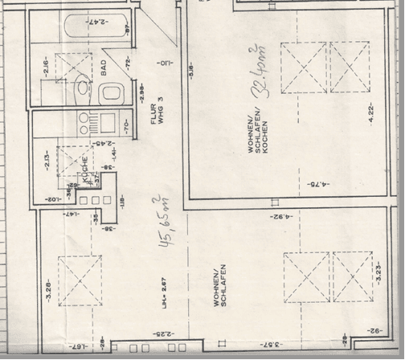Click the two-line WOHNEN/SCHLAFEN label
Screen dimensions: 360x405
220,285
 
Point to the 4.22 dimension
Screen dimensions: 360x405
371,112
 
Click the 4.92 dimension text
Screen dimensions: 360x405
280,215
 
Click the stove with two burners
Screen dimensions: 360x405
84,122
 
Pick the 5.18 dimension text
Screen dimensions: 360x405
191,72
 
